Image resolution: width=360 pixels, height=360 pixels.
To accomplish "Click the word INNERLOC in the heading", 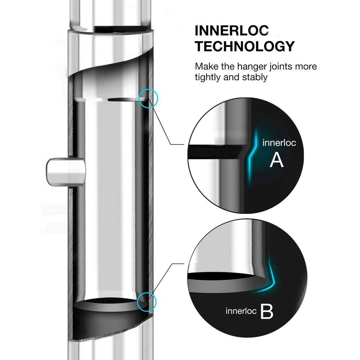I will tap(232, 31).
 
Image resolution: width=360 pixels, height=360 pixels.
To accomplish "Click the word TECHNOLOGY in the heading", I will tap(244, 46).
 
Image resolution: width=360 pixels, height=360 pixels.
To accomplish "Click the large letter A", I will tap(277, 161).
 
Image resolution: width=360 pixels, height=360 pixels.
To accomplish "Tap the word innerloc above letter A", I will tap(279, 143).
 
